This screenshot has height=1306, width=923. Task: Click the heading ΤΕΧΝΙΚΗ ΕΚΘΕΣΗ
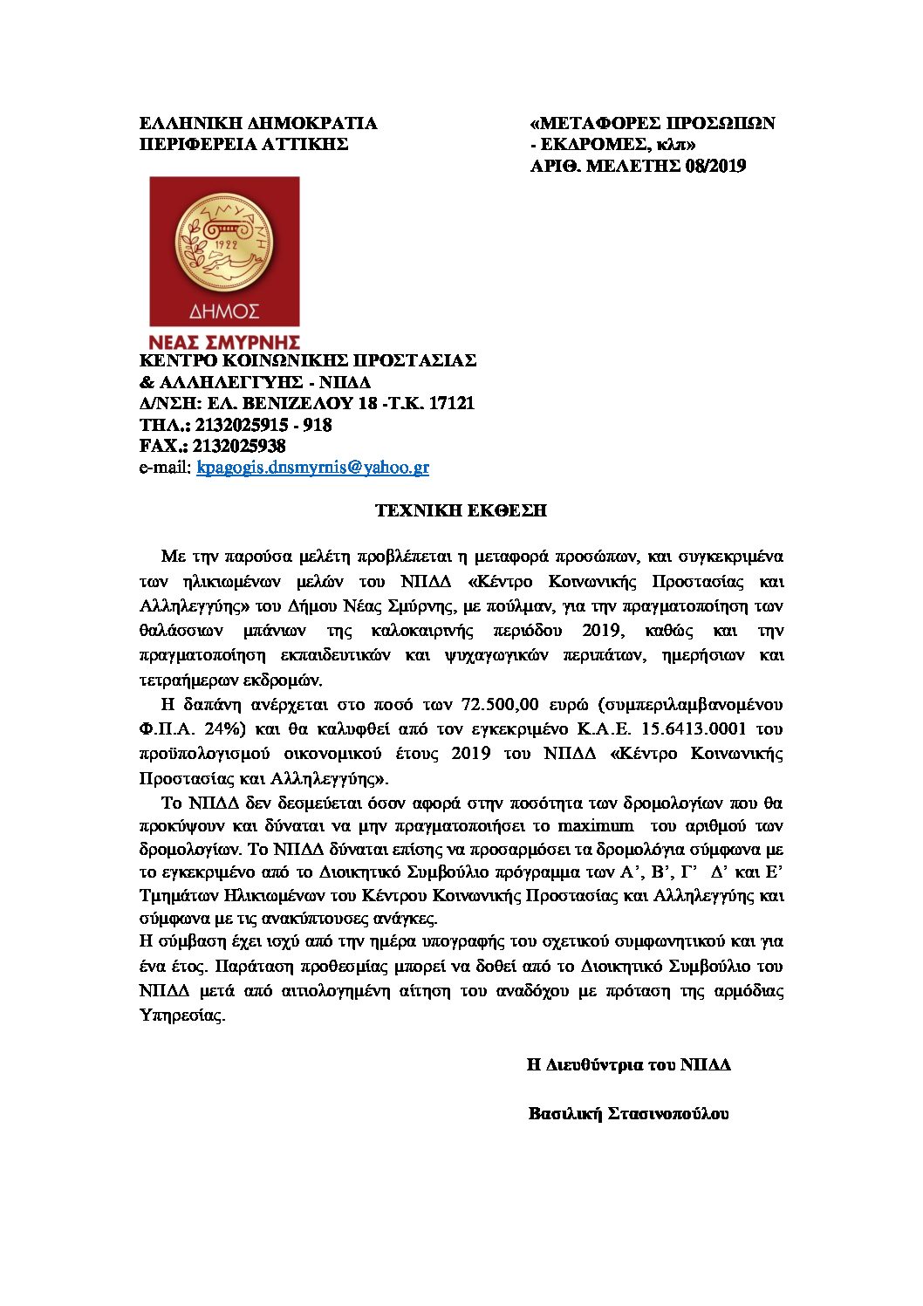click(x=461, y=510)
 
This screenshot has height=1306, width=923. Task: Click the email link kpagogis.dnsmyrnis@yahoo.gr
click(x=312, y=468)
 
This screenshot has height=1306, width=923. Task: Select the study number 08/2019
click(x=715, y=166)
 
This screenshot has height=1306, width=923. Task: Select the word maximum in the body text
click(x=596, y=825)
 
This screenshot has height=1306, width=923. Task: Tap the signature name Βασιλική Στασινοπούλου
click(x=629, y=1113)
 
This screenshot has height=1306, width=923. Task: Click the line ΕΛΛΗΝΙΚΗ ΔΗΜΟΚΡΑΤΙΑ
click(x=258, y=123)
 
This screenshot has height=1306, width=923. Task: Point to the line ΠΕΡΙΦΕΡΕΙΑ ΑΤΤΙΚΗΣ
click(x=244, y=144)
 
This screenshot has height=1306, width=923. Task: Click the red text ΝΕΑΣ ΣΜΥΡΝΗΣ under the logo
click(x=225, y=341)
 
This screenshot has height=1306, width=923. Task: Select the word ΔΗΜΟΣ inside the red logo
click(x=224, y=311)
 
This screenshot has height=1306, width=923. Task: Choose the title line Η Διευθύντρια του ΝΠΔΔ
click(x=629, y=1064)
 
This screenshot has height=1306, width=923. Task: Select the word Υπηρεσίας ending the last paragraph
click(x=181, y=1015)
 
